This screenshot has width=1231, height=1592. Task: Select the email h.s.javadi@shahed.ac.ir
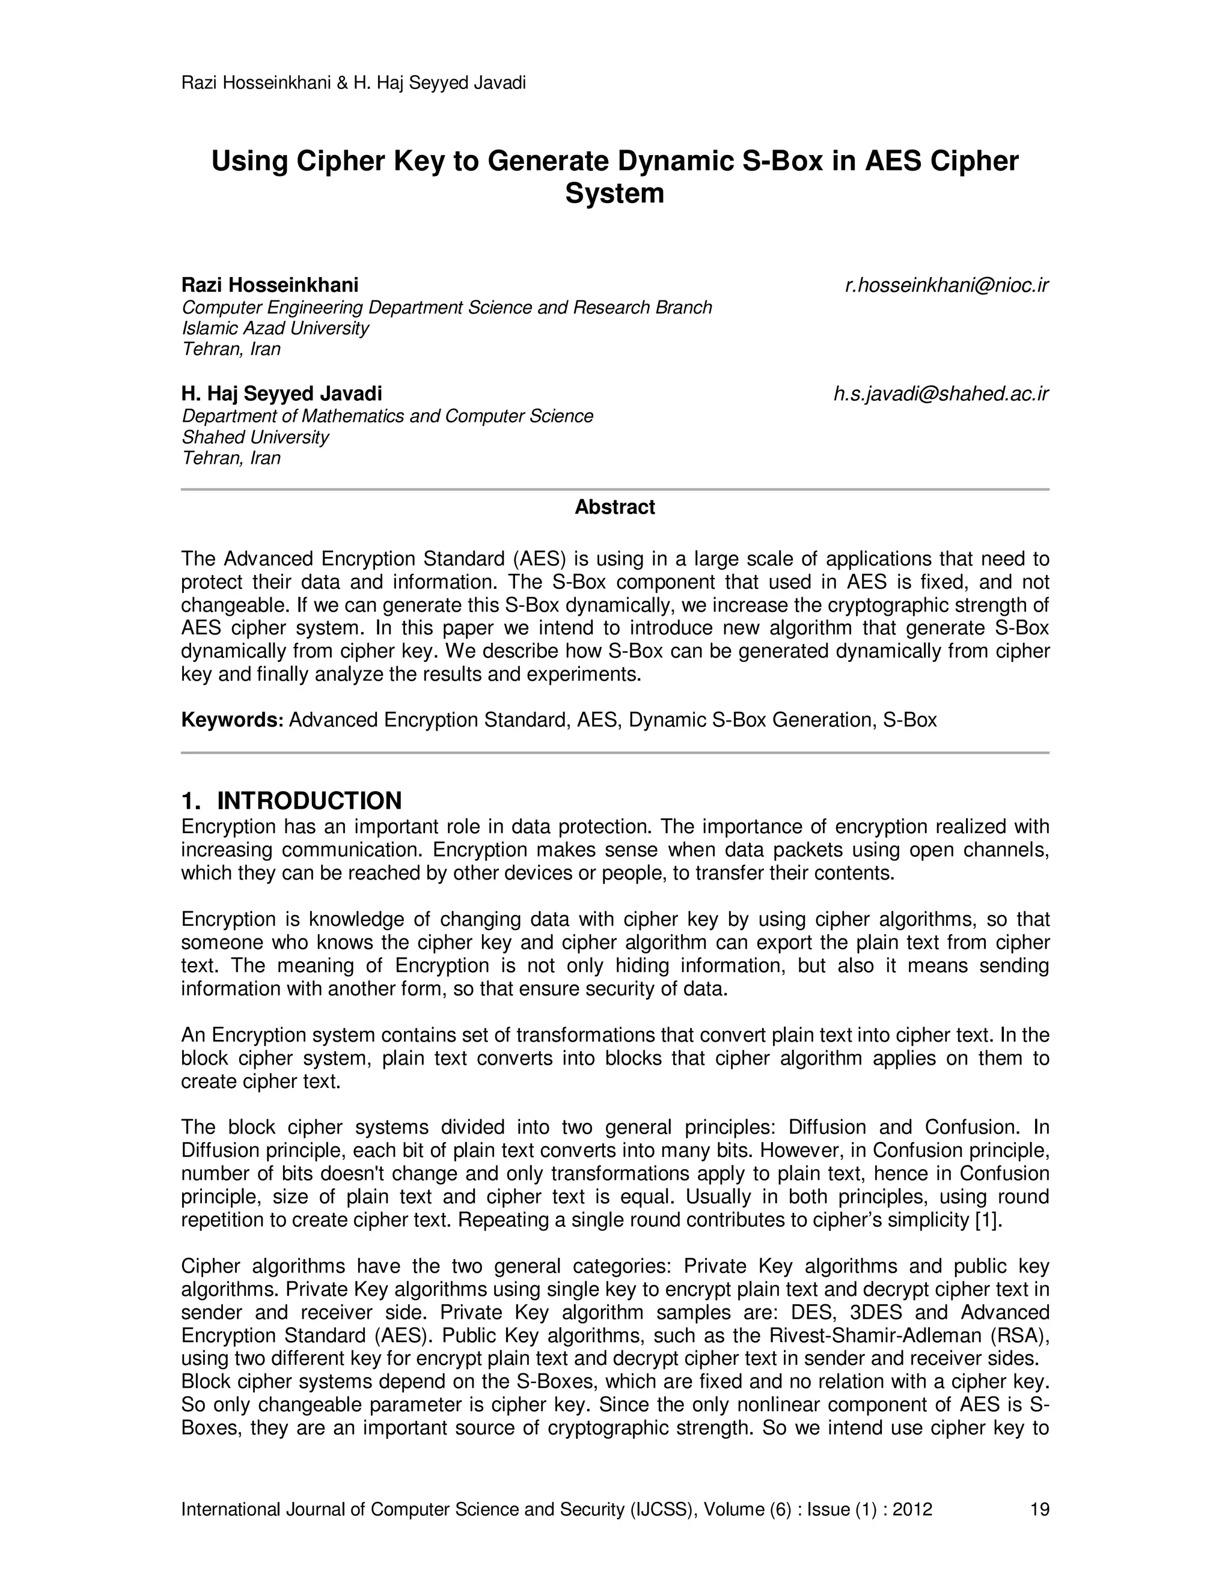[941, 394]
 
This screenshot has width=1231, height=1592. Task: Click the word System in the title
[614, 194]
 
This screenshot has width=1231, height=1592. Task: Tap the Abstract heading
[614, 508]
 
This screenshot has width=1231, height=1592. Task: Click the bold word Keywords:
[232, 720]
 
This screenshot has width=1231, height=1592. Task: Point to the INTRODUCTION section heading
[309, 801]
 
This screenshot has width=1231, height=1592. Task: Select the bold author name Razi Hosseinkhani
[270, 285]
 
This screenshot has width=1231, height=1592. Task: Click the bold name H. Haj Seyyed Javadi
[281, 394]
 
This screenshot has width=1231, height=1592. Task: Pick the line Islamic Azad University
[275, 328]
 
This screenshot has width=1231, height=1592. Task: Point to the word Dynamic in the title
[674, 161]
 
